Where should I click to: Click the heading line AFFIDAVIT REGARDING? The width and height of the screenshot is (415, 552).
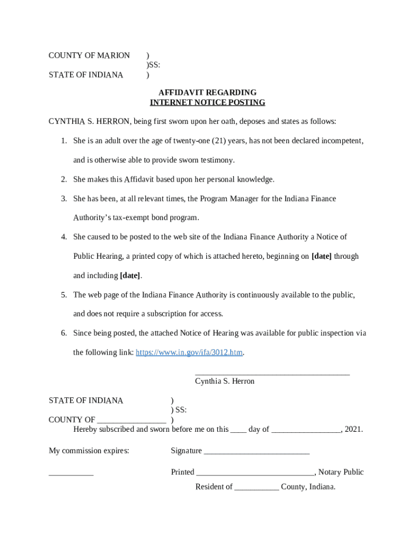207,93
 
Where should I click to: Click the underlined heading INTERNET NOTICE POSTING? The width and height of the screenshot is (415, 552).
207,102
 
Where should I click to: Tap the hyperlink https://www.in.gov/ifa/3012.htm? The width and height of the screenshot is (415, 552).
189,353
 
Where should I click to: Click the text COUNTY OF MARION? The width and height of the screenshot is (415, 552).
89,56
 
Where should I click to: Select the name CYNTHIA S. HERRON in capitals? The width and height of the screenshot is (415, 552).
89,121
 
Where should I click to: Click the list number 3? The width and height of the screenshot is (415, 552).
64,199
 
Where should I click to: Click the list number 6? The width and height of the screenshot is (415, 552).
64,333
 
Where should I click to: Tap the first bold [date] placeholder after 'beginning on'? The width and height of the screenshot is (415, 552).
321,257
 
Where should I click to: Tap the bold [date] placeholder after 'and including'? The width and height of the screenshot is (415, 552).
130,275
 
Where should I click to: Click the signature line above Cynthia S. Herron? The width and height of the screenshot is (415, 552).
272,372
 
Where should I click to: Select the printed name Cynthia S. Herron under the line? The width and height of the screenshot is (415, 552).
225,382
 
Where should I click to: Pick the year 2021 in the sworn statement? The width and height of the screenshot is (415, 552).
352,430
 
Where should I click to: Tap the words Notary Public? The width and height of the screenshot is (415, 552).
341,472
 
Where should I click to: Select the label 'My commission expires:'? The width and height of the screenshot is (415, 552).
89,451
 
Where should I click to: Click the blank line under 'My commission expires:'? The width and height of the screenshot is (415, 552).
71,474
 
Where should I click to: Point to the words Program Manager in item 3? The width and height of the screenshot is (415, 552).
230,199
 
